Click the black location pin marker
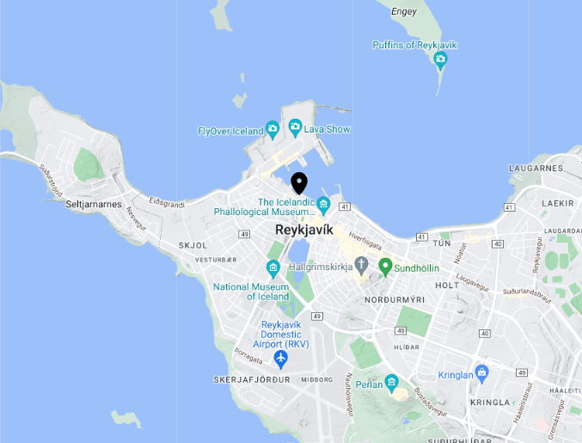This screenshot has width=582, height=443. [299, 182]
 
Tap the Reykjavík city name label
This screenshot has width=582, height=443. [303, 230]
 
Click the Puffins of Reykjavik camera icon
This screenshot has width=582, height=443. [440, 59]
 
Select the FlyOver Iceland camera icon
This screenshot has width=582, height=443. [273, 131]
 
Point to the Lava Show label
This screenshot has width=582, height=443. [328, 130]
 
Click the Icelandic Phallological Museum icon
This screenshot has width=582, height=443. [323, 204]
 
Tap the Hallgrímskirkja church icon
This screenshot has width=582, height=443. [362, 265]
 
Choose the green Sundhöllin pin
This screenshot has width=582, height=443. [385, 267]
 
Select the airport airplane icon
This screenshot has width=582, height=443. [280, 358]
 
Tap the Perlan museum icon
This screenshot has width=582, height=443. [392, 382]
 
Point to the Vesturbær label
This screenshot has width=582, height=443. [215, 259]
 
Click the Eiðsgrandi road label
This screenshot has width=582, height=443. [166, 204]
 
